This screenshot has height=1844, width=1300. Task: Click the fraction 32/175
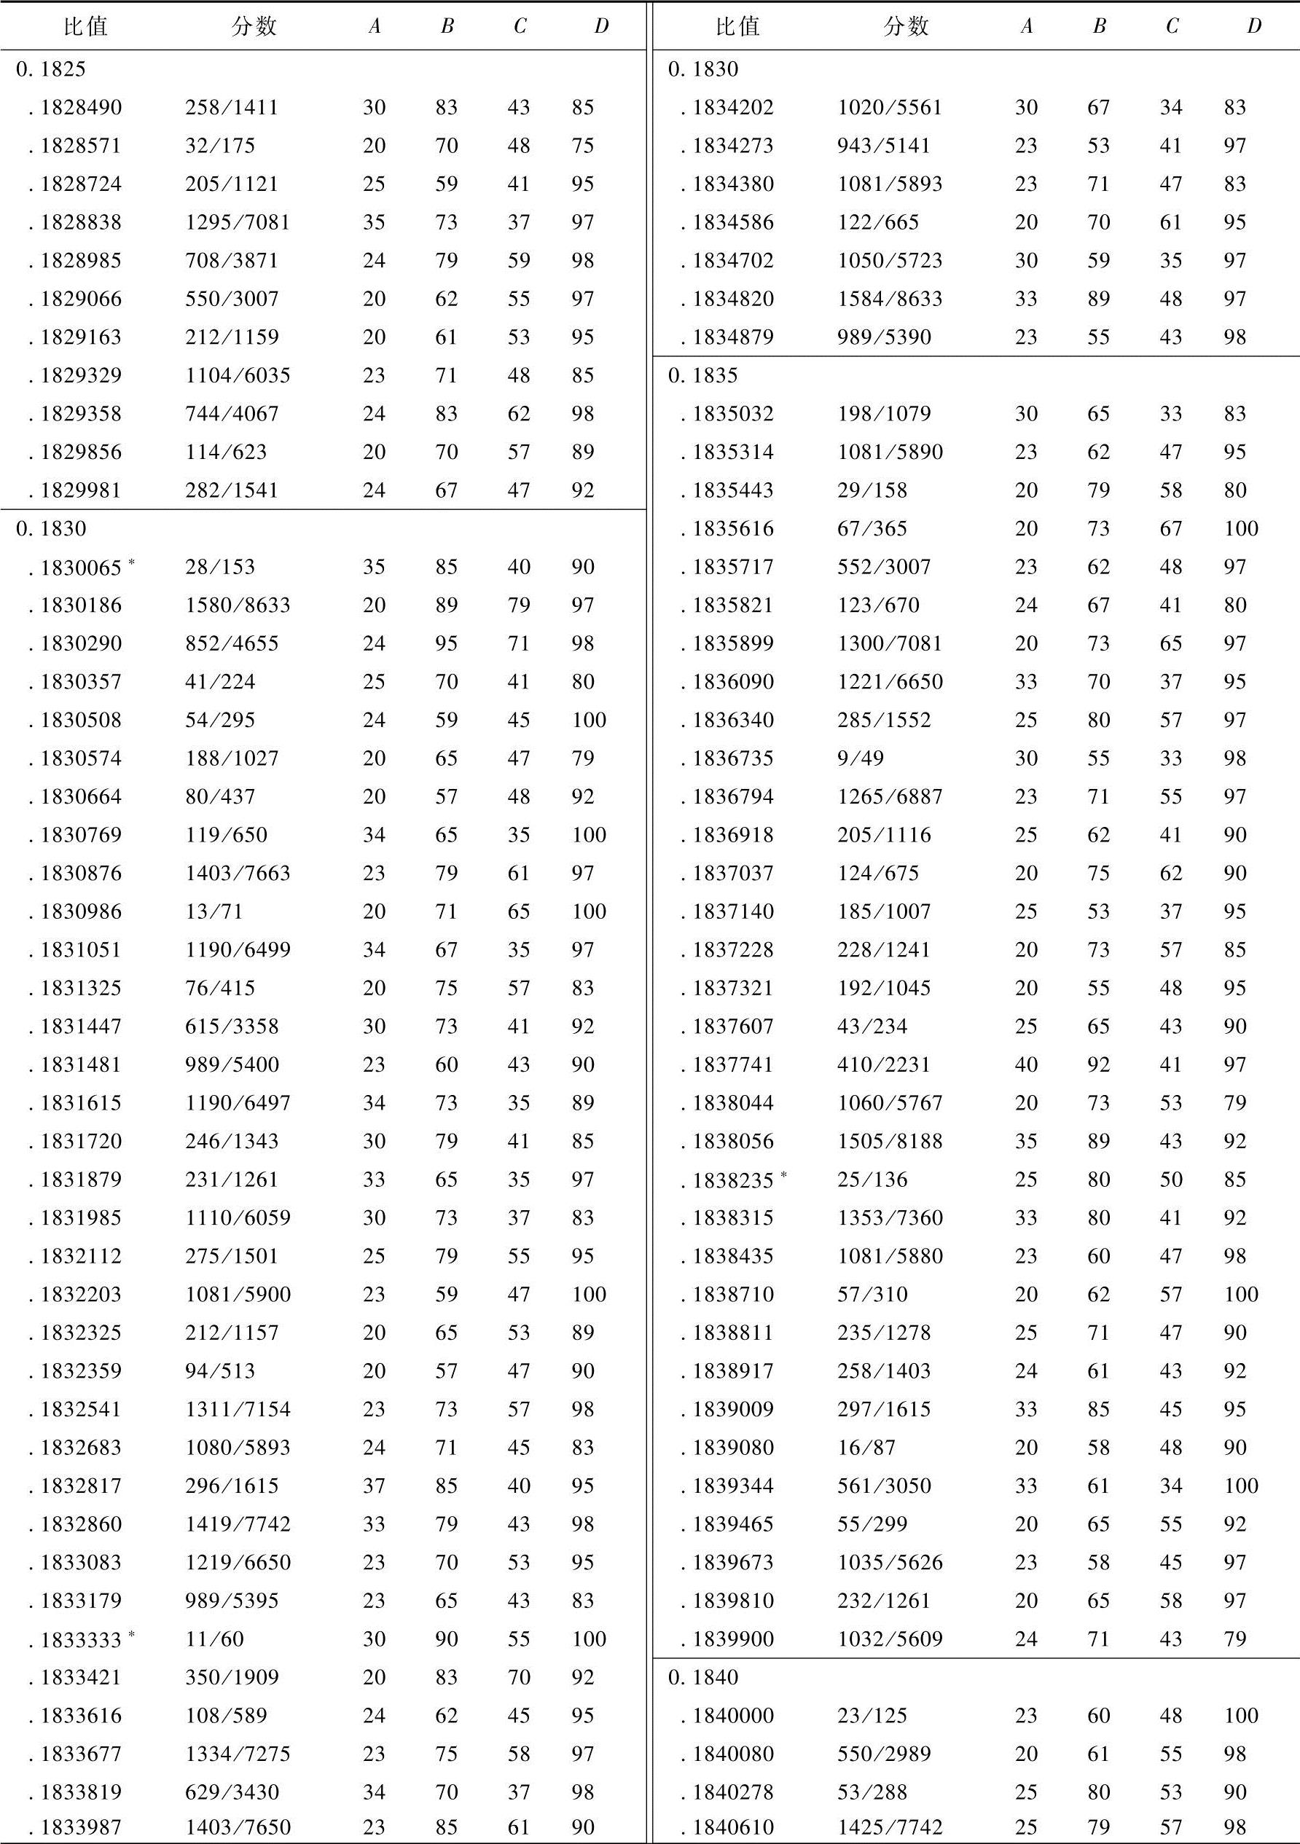(219, 146)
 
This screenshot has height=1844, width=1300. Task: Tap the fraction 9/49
(860, 758)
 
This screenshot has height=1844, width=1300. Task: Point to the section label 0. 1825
(50, 69)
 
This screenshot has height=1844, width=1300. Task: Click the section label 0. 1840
(702, 1677)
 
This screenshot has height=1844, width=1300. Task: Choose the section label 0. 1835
(702, 375)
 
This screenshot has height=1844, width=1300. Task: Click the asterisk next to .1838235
(783, 1175)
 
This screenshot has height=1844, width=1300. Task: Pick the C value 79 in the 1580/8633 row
(518, 605)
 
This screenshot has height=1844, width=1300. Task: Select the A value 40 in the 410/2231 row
(1026, 1064)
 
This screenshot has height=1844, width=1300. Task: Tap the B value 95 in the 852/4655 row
(446, 643)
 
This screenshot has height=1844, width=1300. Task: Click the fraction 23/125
(872, 1716)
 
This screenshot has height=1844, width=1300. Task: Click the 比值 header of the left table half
(85, 26)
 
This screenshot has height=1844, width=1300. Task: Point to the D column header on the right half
(1253, 26)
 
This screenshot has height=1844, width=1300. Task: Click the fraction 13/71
(214, 911)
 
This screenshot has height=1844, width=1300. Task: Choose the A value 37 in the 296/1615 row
(374, 1486)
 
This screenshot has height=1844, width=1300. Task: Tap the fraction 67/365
(872, 528)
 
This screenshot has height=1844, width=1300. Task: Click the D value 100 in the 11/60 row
(588, 1639)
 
